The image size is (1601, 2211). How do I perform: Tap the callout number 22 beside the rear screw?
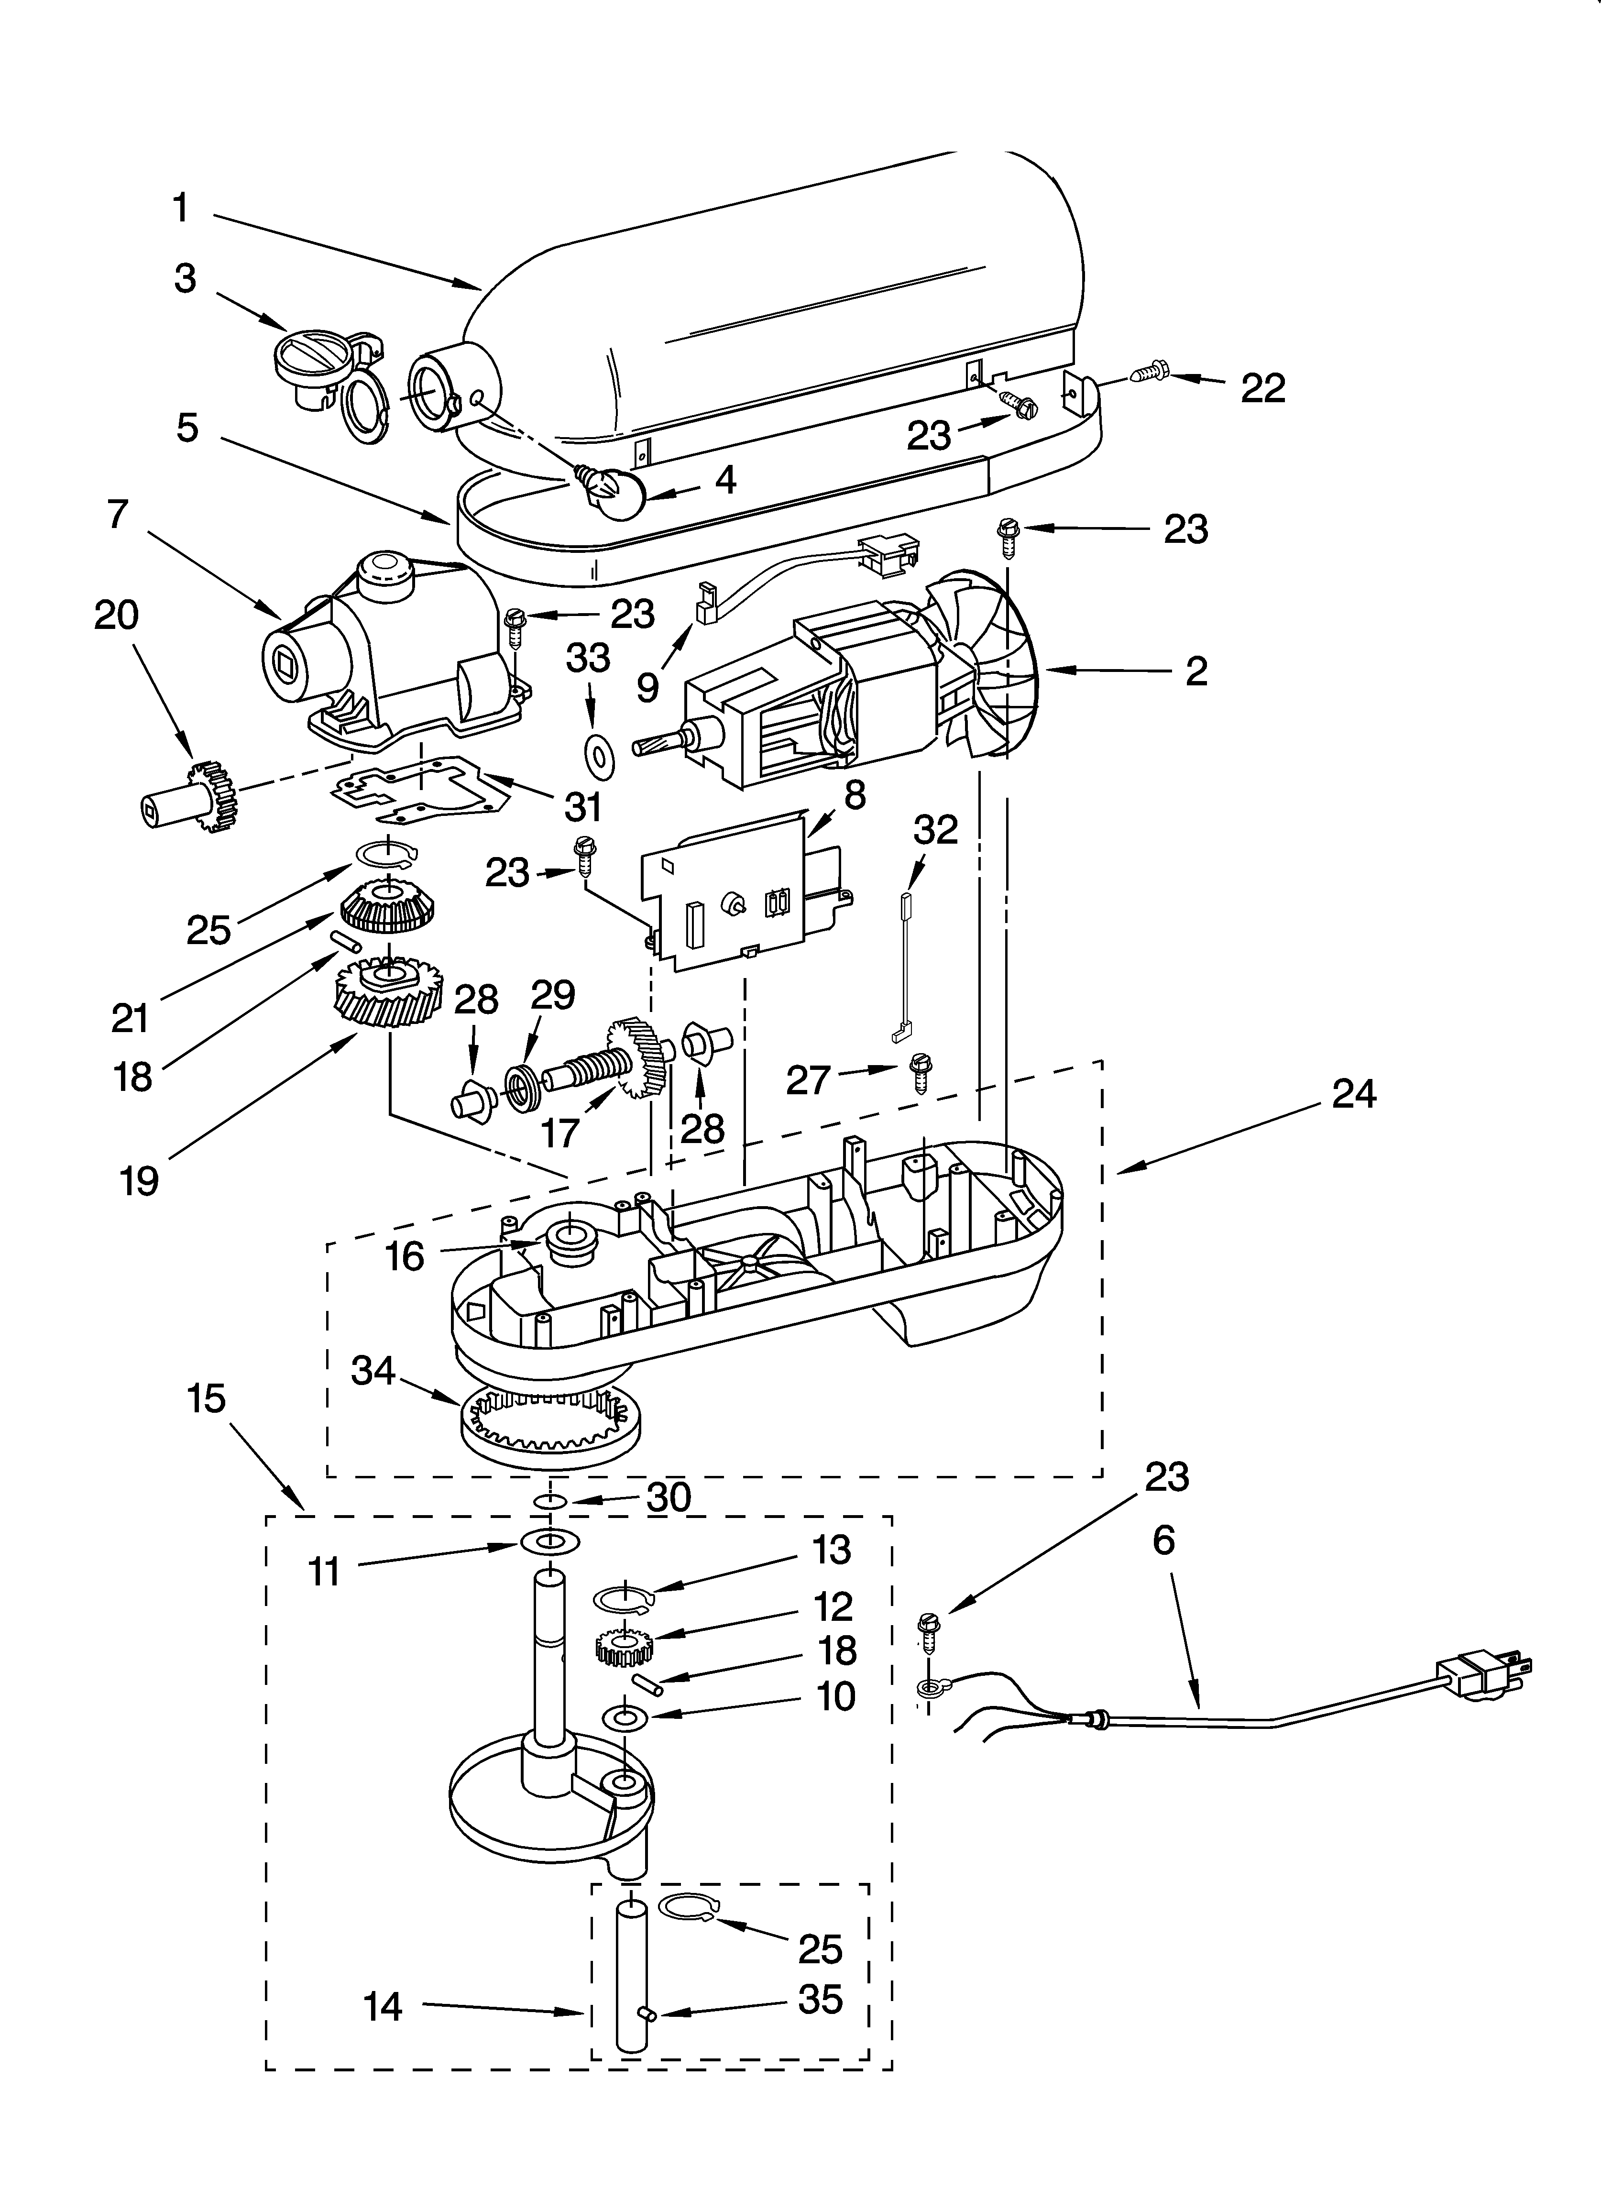(x=1262, y=388)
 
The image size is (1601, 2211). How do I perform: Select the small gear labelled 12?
(x=624, y=1648)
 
